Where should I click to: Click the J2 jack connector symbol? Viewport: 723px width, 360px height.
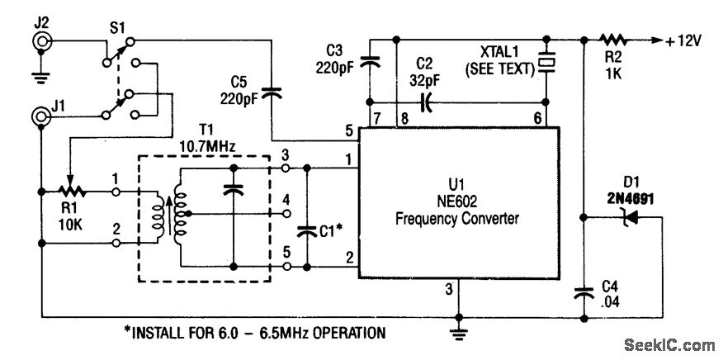pos(40,43)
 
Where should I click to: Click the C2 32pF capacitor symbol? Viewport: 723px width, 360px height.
pos(426,102)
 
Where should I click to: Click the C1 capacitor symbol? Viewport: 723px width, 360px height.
pos(307,231)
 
